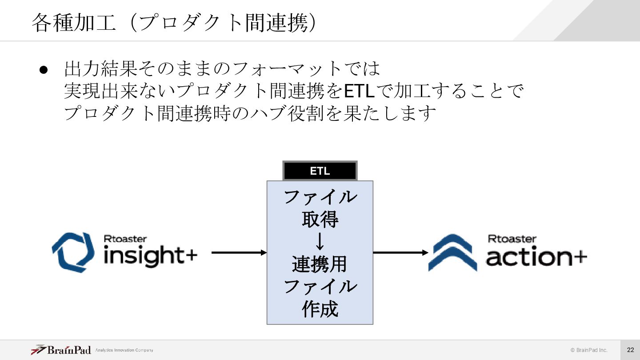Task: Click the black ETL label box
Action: [x=320, y=171]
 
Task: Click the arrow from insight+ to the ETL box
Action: [x=239, y=252]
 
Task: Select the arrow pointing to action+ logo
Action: [x=400, y=252]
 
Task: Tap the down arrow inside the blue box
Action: [x=320, y=242]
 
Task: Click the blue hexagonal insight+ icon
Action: [x=73, y=252]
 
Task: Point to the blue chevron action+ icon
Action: [x=452, y=252]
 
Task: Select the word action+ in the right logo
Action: [x=536, y=257]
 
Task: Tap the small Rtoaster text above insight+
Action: [x=125, y=239]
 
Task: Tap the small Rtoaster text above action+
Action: [x=512, y=239]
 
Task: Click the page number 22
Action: [x=630, y=350]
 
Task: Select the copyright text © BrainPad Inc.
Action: [x=589, y=350]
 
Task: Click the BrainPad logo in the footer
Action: [x=61, y=350]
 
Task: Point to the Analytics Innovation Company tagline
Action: [x=124, y=350]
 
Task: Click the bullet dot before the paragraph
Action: [x=43, y=70]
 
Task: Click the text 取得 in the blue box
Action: [x=320, y=219]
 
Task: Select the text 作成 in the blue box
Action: [x=320, y=309]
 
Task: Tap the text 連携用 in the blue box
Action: [x=320, y=264]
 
